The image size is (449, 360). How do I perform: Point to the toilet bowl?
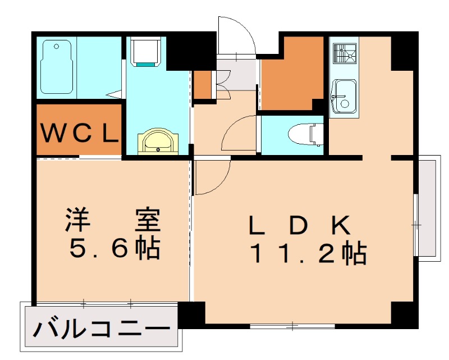point(304,134)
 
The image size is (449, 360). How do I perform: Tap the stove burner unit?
point(343,54)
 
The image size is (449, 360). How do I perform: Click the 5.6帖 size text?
point(114,248)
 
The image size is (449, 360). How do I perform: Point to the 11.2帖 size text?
point(308,254)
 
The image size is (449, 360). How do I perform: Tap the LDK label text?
point(300,226)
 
